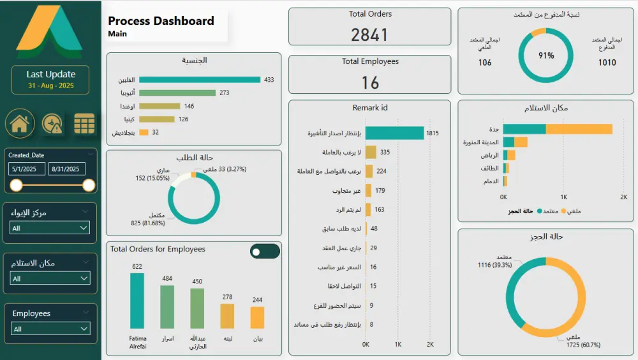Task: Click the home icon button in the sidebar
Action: pyautogui.click(x=20, y=124)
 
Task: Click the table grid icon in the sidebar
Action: pyautogui.click(x=84, y=124)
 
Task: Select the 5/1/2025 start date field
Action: pyautogui.click(x=27, y=169)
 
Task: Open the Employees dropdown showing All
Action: pyautogui.click(x=50, y=329)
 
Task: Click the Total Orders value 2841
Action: pyautogui.click(x=369, y=34)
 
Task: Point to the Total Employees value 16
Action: pyautogui.click(x=369, y=82)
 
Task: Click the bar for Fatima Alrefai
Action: pyautogui.click(x=137, y=301)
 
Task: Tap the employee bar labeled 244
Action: pyautogui.click(x=257, y=317)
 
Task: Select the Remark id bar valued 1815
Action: pyautogui.click(x=394, y=133)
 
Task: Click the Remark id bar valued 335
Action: pyautogui.click(x=371, y=153)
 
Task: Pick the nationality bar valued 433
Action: pyautogui.click(x=200, y=80)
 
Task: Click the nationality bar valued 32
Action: pyautogui.click(x=144, y=133)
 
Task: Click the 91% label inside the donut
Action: pyautogui.click(x=546, y=56)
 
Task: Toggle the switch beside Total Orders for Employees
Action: pyautogui.click(x=265, y=251)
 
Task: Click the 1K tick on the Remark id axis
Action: pyautogui.click(x=397, y=345)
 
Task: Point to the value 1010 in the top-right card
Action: pyautogui.click(x=607, y=63)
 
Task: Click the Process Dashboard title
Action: pyautogui.click(x=161, y=21)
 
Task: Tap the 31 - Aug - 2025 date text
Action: pyautogui.click(x=50, y=86)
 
